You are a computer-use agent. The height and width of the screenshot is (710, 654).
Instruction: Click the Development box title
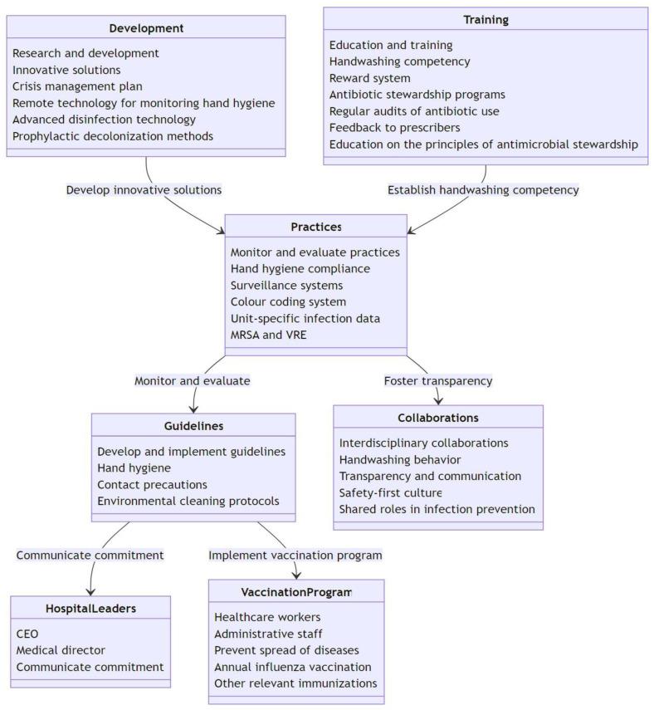(146, 28)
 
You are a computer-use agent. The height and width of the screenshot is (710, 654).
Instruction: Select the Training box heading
(485, 19)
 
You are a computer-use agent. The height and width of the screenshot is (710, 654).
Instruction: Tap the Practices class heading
(315, 227)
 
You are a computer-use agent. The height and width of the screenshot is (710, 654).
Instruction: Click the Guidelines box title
(193, 426)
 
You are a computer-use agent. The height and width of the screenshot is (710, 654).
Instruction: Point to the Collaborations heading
(437, 418)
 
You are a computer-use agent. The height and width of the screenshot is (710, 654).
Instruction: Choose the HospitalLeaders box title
(90, 609)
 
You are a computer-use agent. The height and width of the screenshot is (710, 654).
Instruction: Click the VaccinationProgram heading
(295, 592)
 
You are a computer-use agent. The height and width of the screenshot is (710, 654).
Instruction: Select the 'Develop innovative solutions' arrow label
(144, 189)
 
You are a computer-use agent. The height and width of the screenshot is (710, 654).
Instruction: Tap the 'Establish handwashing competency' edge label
(483, 189)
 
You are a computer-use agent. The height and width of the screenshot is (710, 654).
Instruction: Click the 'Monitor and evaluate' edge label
(192, 380)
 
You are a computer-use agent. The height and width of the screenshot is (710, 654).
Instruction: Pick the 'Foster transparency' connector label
(437, 380)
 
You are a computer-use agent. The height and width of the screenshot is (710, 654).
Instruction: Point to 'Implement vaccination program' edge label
(295, 555)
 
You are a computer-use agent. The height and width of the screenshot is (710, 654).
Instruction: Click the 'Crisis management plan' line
(77, 86)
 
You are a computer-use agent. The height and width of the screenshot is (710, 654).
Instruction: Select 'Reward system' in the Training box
(369, 78)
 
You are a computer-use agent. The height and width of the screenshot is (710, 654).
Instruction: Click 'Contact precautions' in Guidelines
(152, 484)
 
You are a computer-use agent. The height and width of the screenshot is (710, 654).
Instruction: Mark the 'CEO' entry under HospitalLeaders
(27, 634)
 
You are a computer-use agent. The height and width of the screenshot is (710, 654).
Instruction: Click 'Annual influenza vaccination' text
(292, 667)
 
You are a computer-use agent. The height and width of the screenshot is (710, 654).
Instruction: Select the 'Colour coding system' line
(288, 301)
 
